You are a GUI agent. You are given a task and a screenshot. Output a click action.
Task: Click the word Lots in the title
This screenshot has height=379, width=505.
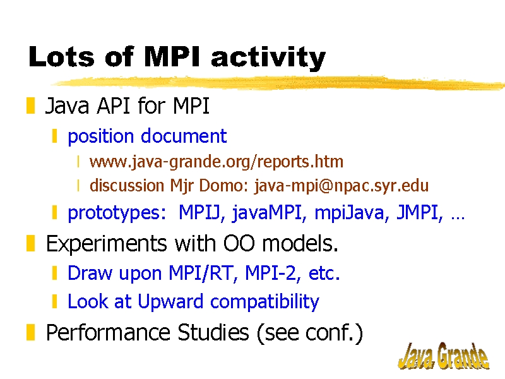(61, 57)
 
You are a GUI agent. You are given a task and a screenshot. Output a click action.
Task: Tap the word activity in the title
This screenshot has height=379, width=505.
(268, 58)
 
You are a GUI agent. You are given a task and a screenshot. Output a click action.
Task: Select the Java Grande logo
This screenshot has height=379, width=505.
(444, 356)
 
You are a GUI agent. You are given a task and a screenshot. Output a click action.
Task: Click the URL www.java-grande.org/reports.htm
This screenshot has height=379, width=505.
(217, 162)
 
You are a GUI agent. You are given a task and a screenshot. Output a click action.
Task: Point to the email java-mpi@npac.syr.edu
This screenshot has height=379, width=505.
(342, 186)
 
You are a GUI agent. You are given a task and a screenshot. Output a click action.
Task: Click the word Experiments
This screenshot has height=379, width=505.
(107, 244)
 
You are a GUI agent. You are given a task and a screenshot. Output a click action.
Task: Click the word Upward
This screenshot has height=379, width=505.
(170, 302)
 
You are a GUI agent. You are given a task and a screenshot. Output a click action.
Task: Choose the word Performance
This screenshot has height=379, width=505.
(108, 332)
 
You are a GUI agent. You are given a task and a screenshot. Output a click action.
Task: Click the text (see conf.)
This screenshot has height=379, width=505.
(310, 333)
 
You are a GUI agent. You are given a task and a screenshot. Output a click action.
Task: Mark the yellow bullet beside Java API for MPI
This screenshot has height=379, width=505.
(30, 105)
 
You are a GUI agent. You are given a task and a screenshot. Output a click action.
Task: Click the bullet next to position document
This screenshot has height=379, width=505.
(54, 136)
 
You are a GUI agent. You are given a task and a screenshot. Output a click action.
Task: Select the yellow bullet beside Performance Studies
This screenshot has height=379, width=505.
(30, 333)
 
